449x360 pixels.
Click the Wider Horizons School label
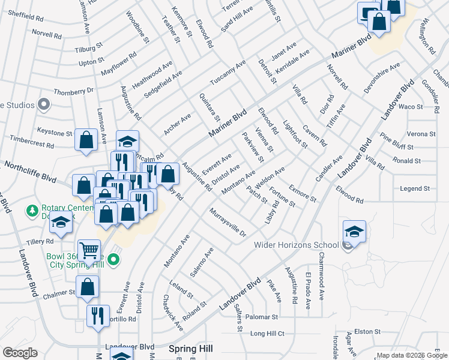pyautogui.click(x=297, y=245)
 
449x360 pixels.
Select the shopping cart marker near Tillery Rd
pyautogui.click(x=88, y=251)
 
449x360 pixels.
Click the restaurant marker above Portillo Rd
pyautogui.click(x=98, y=316)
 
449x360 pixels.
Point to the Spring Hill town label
pyautogui.click(x=191, y=348)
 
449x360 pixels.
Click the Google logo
pyautogui.click(x=20, y=353)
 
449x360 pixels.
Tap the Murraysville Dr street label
pyautogui.click(x=228, y=222)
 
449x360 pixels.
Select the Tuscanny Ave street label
pyautogui.click(x=228, y=73)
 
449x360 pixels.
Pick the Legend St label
pyautogui.click(x=415, y=188)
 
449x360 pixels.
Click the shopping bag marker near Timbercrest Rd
pyautogui.click(x=86, y=140)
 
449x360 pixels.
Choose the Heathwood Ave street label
pyautogui.click(x=152, y=75)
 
